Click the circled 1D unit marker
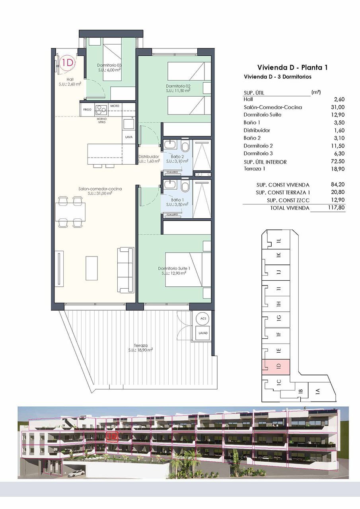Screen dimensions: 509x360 tap(68, 62)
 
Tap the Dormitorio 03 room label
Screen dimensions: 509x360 tap(109, 65)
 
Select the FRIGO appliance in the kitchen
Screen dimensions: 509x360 tap(88, 109)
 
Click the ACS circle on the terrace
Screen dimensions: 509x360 tap(203, 319)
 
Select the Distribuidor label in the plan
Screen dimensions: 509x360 tap(149, 157)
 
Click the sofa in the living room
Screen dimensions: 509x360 tap(126, 270)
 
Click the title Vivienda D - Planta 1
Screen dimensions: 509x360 tap(292, 67)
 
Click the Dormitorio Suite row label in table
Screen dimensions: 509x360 tap(262, 115)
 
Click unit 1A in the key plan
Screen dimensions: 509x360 tap(317, 391)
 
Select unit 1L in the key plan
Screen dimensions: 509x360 tap(279, 240)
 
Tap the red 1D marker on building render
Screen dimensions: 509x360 tap(113, 436)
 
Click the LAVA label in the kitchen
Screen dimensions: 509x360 tap(128, 137)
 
